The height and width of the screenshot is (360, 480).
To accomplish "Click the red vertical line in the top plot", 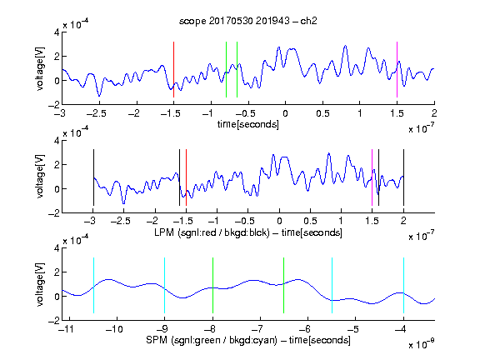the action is click(173, 69).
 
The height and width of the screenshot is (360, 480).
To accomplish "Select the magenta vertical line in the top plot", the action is click(397, 69).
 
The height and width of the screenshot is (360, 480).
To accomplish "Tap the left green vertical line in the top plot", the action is click(226, 69).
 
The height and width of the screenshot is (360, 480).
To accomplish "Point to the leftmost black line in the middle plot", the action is click(93, 177).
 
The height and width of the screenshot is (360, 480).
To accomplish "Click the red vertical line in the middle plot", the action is click(186, 177).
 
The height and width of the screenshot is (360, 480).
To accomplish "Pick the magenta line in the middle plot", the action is click(372, 177).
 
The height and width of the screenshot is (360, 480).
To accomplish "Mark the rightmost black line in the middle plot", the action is click(403, 177).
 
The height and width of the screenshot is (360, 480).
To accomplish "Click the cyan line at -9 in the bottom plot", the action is click(165, 285).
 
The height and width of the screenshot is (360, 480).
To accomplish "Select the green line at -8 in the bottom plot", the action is click(212, 285).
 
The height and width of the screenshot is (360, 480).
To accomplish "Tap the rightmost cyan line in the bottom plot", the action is click(404, 285).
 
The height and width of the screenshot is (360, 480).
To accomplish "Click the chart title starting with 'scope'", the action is click(248, 21).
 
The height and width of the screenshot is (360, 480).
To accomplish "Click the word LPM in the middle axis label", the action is click(164, 232).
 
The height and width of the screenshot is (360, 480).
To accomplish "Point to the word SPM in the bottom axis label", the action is click(157, 340).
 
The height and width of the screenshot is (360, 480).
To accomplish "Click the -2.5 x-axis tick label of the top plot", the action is click(96, 113).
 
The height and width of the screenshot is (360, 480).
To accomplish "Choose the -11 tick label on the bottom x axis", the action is click(66, 329).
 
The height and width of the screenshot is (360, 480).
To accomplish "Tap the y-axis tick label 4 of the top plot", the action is click(57, 32).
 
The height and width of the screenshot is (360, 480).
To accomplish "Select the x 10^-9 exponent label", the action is click(421, 344).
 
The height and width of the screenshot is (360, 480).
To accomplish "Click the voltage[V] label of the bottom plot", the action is click(40, 285).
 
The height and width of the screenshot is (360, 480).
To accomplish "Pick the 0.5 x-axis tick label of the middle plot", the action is click(310, 221).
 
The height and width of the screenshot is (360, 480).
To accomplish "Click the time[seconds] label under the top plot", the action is click(248, 124).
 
